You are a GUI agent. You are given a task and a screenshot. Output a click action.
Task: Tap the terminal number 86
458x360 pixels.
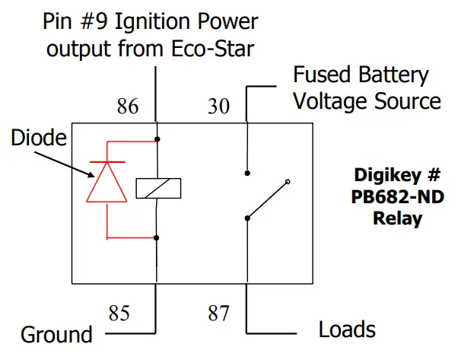coord(127,107)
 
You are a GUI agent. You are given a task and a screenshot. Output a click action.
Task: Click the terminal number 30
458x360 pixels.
coord(218,107)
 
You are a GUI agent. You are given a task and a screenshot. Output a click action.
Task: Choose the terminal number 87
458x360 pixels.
coord(218,313)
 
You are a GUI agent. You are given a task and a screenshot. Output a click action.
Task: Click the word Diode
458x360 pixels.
coord(38,138)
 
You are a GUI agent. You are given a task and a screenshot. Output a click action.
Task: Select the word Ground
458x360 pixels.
coord(56,334)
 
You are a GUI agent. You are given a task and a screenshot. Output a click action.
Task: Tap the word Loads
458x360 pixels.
coord(347,330)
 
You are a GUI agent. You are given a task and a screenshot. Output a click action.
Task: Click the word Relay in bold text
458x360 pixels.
coord(397,219)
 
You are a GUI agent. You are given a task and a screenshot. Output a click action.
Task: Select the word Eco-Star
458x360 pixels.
coord(225,49)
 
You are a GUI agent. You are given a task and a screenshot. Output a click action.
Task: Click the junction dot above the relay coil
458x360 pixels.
coord(156,139)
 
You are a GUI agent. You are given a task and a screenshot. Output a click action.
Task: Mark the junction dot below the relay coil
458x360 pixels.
coord(156,237)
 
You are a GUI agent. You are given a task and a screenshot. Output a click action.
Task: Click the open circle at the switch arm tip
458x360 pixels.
coord(288,182)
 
